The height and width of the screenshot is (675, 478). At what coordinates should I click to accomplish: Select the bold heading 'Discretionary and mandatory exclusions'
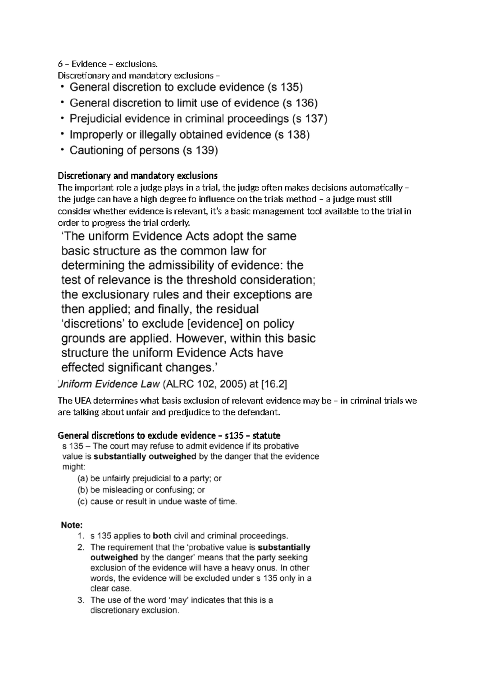137,176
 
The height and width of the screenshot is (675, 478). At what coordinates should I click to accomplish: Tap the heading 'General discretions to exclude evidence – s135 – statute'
169,435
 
